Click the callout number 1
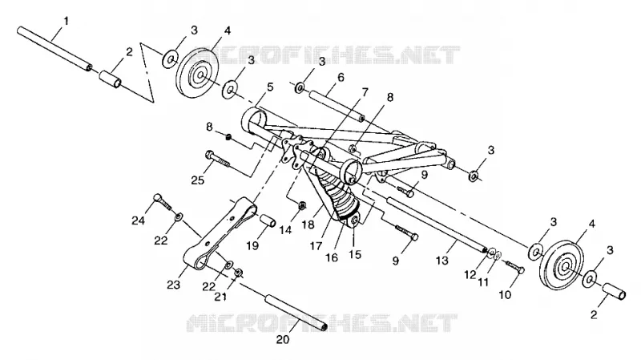click(67, 21)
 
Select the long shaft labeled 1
click(54, 49)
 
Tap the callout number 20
click(283, 340)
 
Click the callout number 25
click(198, 180)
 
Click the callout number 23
click(174, 285)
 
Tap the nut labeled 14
click(302, 205)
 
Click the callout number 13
click(442, 261)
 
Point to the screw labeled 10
click(515, 267)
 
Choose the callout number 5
click(270, 87)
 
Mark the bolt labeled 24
click(162, 201)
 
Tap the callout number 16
click(332, 257)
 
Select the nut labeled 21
click(239, 272)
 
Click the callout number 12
click(470, 275)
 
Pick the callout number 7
click(365, 92)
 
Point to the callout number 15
click(355, 254)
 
